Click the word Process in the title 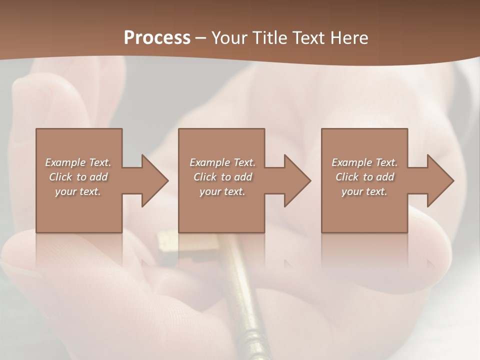pos(157,38)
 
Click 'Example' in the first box pos(65,162)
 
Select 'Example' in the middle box pos(210,162)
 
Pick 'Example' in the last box pos(352,162)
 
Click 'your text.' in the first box pos(78,191)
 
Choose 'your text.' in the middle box pos(222,191)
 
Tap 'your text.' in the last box pos(364,191)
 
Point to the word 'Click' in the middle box pos(205,177)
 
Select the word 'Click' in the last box pos(347,177)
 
